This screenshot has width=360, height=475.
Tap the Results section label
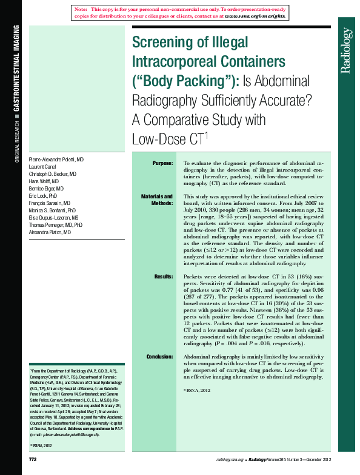164,276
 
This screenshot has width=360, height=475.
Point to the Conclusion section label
160,357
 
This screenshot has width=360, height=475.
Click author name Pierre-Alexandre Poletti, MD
56,159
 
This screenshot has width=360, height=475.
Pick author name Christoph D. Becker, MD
53,173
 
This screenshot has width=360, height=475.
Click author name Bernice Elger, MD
46,189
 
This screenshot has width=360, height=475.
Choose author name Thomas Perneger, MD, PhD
56,225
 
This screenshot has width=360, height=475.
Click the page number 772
33,460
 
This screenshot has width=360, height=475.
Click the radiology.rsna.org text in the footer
230,460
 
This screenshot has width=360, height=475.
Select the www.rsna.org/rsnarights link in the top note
255,17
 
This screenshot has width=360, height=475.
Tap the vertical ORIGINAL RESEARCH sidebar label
16,141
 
